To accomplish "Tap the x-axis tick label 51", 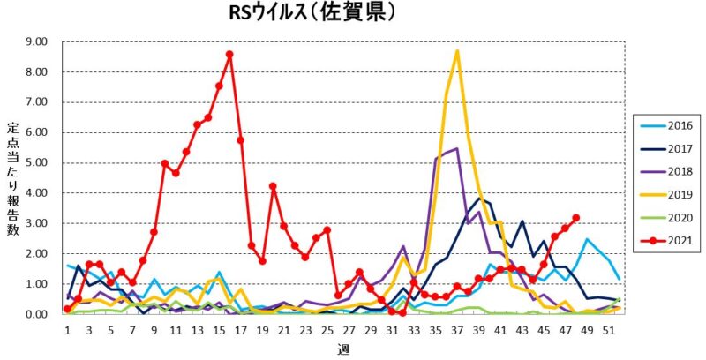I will (x=609, y=330).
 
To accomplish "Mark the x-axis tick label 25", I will (x=327, y=330).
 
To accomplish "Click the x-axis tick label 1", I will (x=67, y=330).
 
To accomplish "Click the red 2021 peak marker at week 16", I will (x=229, y=55).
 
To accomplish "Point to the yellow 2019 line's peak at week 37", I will (x=457, y=51).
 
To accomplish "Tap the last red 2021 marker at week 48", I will (x=576, y=217).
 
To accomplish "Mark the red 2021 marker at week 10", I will (x=165, y=163).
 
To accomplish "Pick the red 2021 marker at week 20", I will (x=273, y=186).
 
